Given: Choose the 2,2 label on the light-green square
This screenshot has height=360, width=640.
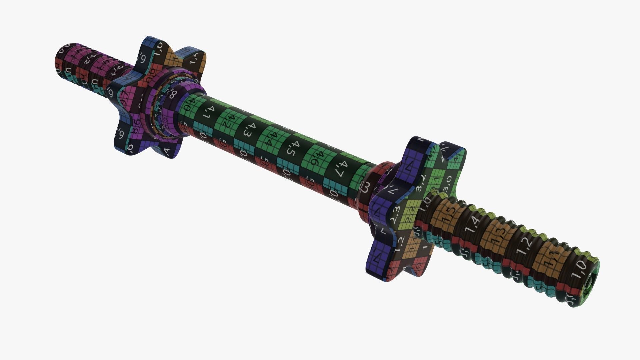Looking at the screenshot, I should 411,211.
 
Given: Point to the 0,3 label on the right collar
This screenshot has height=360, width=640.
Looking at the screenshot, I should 365,189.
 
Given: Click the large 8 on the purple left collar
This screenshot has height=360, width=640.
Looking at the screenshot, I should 173,94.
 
